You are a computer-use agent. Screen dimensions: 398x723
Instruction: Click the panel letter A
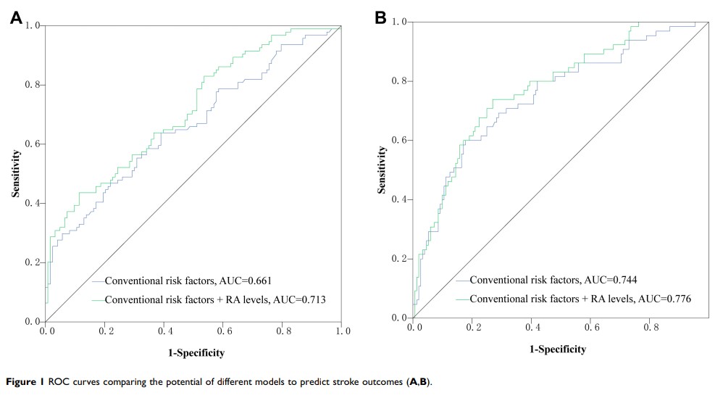click(x=15, y=18)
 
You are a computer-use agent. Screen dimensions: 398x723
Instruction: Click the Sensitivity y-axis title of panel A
click(x=14, y=173)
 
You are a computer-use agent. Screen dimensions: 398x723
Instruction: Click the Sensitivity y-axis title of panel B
click(x=381, y=170)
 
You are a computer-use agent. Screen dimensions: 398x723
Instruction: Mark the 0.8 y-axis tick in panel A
click(x=33, y=85)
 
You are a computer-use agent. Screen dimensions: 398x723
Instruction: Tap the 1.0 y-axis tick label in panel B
click(x=400, y=22)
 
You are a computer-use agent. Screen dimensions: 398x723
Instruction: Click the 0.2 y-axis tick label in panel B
click(x=400, y=259)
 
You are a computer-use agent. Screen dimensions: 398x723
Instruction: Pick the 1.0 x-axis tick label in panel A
click(x=342, y=331)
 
